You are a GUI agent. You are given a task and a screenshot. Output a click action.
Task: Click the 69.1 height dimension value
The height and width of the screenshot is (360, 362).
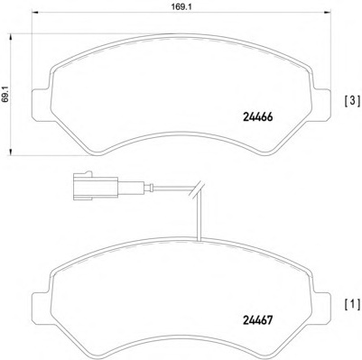point(7,96)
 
